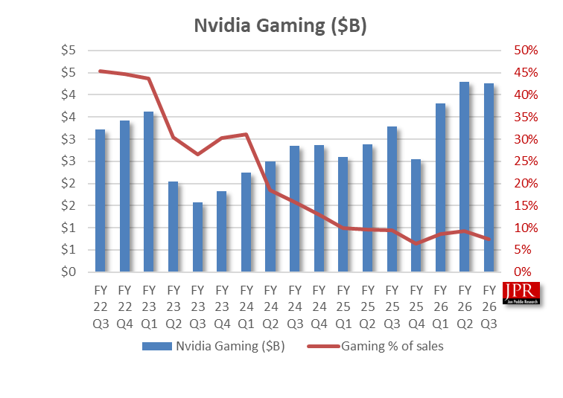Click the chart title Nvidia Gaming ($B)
(281, 25)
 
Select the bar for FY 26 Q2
(464, 177)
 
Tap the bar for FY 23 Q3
(197, 237)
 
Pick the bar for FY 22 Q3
(100, 201)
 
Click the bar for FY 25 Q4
(416, 216)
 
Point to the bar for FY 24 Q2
(270, 216)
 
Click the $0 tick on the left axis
(69, 272)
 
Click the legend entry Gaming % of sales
(392, 346)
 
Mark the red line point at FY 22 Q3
(100, 71)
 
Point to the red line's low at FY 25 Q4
(416, 243)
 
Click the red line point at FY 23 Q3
(197, 154)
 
